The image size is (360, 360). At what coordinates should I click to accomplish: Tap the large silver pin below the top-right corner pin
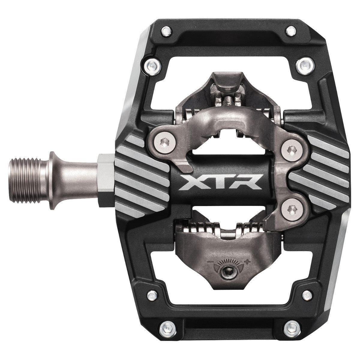tap(303, 64)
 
